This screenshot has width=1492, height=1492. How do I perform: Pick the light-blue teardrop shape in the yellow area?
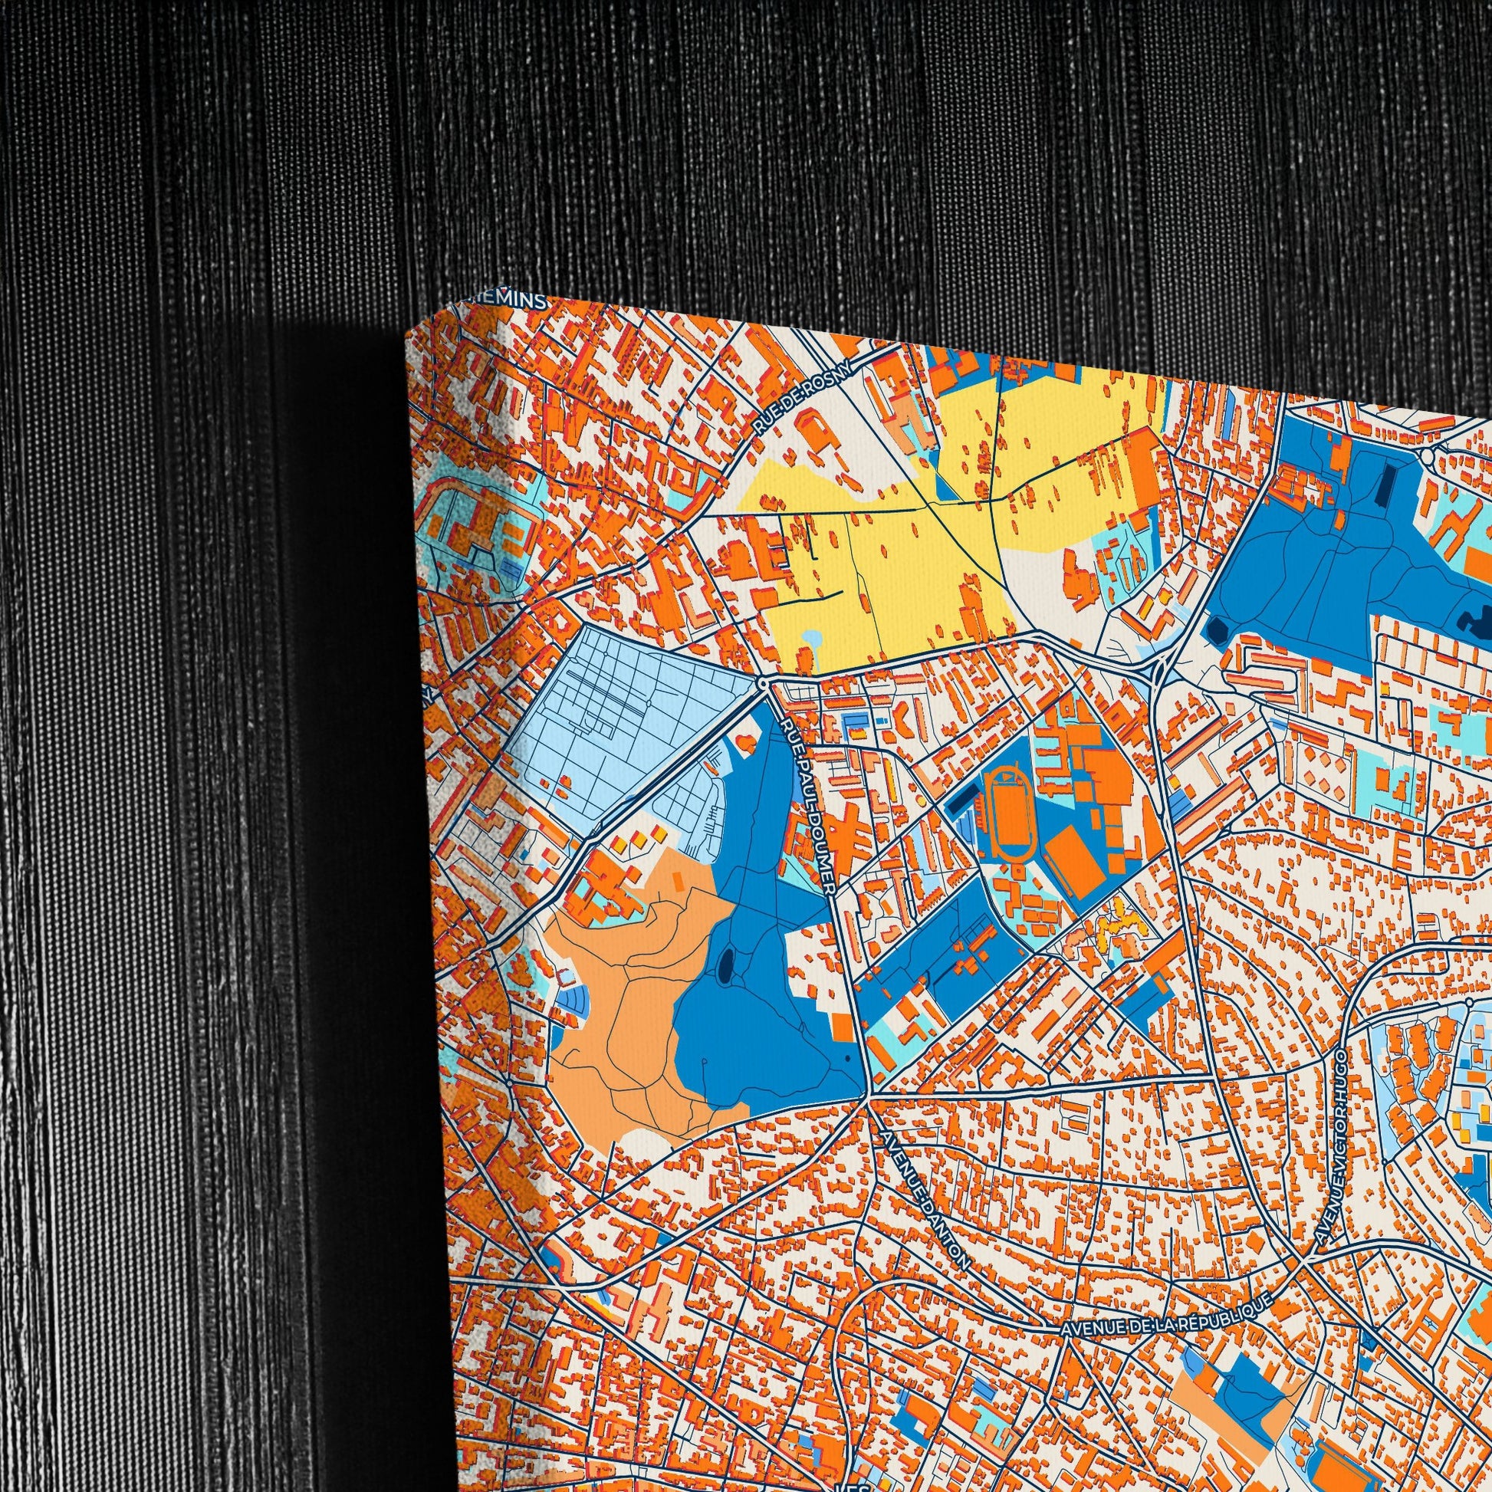[x=813, y=641]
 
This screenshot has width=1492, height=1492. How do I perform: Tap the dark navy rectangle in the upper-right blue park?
[x=1388, y=485]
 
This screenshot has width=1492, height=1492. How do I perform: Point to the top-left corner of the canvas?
[x=407, y=337]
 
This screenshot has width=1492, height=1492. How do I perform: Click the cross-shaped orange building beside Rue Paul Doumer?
[x=850, y=838]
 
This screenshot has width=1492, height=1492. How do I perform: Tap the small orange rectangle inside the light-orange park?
[x=678, y=878]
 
